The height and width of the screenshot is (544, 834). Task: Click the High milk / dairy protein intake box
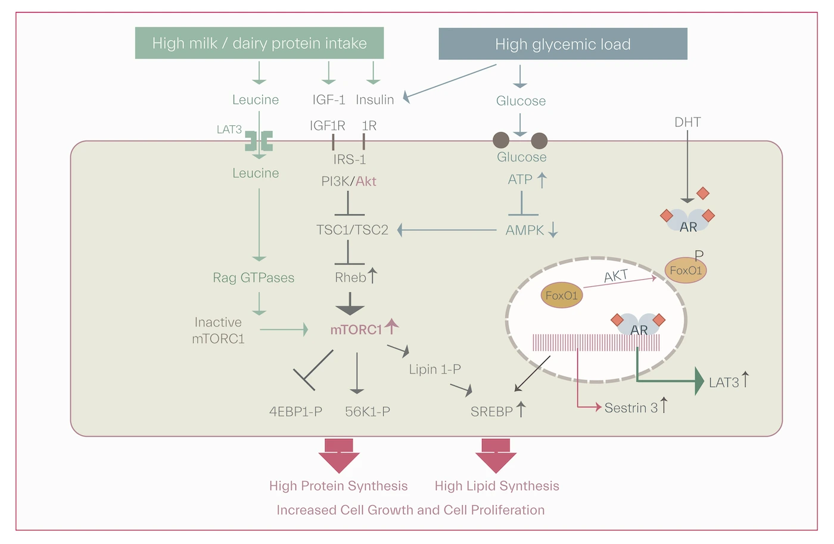coord(259,43)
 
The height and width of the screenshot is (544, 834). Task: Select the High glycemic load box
coord(562,44)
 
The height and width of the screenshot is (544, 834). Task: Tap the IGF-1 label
coord(329,100)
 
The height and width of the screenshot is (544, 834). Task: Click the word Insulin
coord(375,100)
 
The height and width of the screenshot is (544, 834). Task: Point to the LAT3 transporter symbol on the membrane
coord(259,141)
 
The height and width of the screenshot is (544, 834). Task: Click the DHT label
coord(687,122)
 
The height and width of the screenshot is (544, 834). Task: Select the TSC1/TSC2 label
coord(352,230)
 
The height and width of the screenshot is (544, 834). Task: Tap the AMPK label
coord(525,230)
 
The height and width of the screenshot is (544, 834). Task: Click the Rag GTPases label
coord(254,277)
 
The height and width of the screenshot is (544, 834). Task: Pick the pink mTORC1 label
coord(356,329)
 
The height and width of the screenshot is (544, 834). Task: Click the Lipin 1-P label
coord(435,369)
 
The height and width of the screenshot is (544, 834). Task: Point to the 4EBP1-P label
coord(295,411)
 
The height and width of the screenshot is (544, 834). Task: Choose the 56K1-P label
coord(368,411)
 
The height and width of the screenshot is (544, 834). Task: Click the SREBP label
coord(491,411)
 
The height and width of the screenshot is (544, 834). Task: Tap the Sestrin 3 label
coord(631,407)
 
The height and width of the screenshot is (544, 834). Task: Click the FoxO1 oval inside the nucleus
coord(562,295)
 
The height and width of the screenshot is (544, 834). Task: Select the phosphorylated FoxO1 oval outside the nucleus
coord(686,270)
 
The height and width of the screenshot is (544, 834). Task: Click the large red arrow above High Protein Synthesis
coord(339,455)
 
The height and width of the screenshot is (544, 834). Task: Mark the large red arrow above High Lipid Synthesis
coord(496,455)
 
